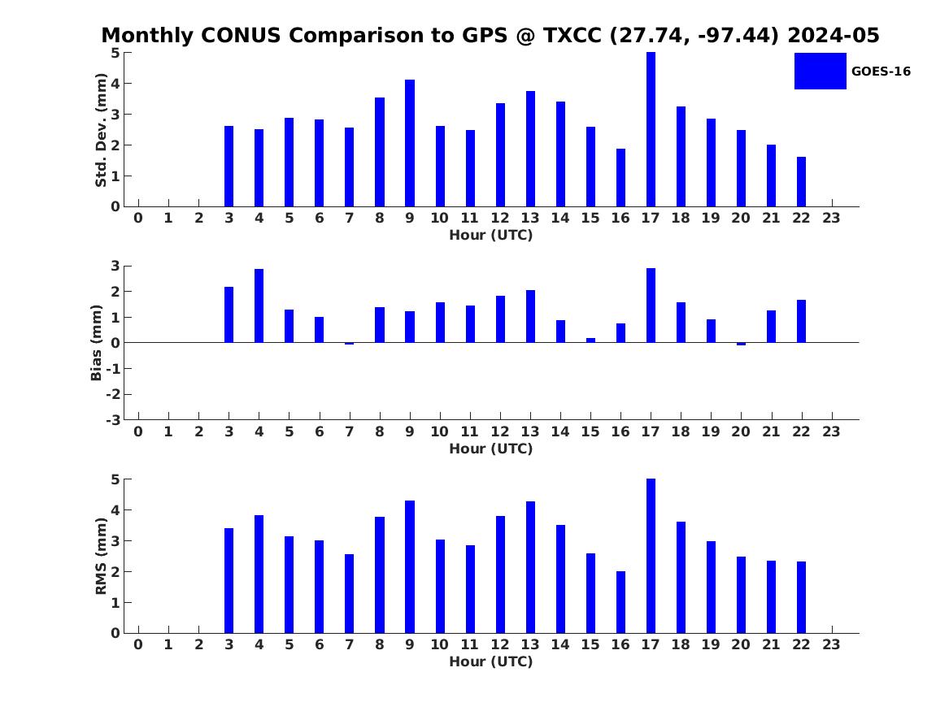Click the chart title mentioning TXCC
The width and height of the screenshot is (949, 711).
tap(490, 35)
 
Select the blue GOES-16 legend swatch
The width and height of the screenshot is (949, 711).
tap(820, 71)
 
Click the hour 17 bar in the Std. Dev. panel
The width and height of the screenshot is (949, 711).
tap(651, 129)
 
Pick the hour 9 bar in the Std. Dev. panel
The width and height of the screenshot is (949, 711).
tap(410, 143)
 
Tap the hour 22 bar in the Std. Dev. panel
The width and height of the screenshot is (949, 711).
tap(801, 182)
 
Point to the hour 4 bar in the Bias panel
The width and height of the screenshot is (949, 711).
tap(259, 306)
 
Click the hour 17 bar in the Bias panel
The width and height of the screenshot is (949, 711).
tap(651, 306)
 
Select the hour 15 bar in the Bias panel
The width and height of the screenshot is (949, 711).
tap(590, 340)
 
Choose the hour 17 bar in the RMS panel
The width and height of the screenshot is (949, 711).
tap(651, 557)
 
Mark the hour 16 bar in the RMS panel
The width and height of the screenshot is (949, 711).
tap(620, 602)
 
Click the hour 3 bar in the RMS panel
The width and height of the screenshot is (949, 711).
tap(229, 581)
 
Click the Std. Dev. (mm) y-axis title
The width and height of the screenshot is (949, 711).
tap(101, 130)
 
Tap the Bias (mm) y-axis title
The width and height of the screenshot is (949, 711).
tap(96, 343)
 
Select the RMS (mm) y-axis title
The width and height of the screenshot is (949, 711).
tap(101, 557)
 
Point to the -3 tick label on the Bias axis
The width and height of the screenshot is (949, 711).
tap(113, 420)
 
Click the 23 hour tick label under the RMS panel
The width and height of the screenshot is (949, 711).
tap(831, 644)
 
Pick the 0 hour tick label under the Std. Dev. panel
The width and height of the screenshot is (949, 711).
tap(138, 219)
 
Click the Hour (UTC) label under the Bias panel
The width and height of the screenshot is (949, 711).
tap(491, 449)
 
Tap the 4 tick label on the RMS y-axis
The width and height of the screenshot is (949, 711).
tap(115, 510)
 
